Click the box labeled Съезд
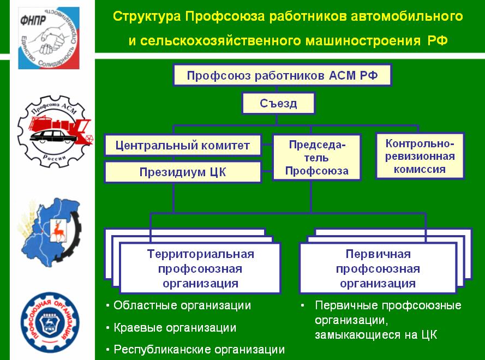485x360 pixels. point(278,103)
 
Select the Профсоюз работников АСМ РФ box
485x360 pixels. point(282,75)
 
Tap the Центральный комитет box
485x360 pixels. point(183,145)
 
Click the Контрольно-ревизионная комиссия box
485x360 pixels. point(420,156)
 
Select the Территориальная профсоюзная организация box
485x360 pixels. point(200,268)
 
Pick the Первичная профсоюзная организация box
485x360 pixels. point(378,268)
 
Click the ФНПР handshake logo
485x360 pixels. point(49,38)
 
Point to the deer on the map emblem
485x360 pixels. point(56,229)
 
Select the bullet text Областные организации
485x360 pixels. point(182,305)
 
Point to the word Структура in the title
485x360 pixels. point(146,16)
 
